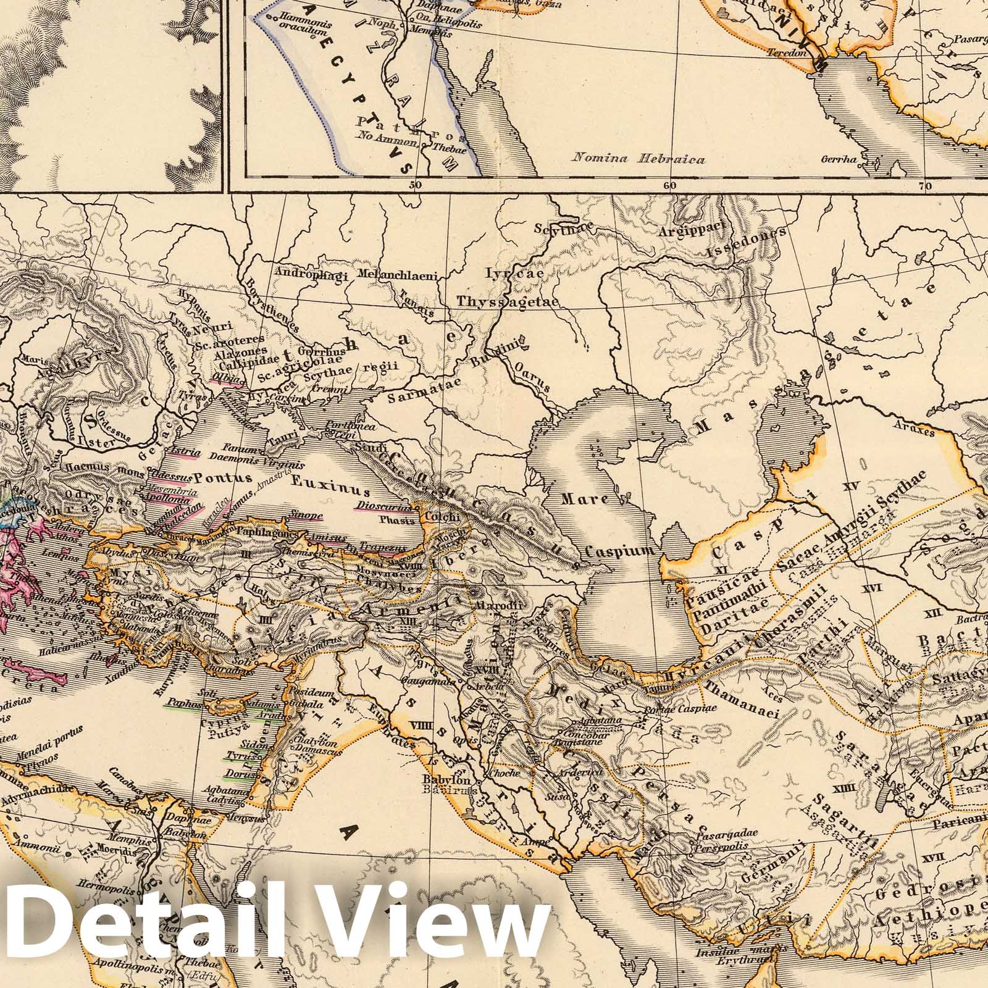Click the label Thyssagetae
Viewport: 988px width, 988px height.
[508, 301]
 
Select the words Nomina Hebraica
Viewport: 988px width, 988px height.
[638, 159]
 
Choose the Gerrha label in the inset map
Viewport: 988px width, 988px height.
[839, 159]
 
